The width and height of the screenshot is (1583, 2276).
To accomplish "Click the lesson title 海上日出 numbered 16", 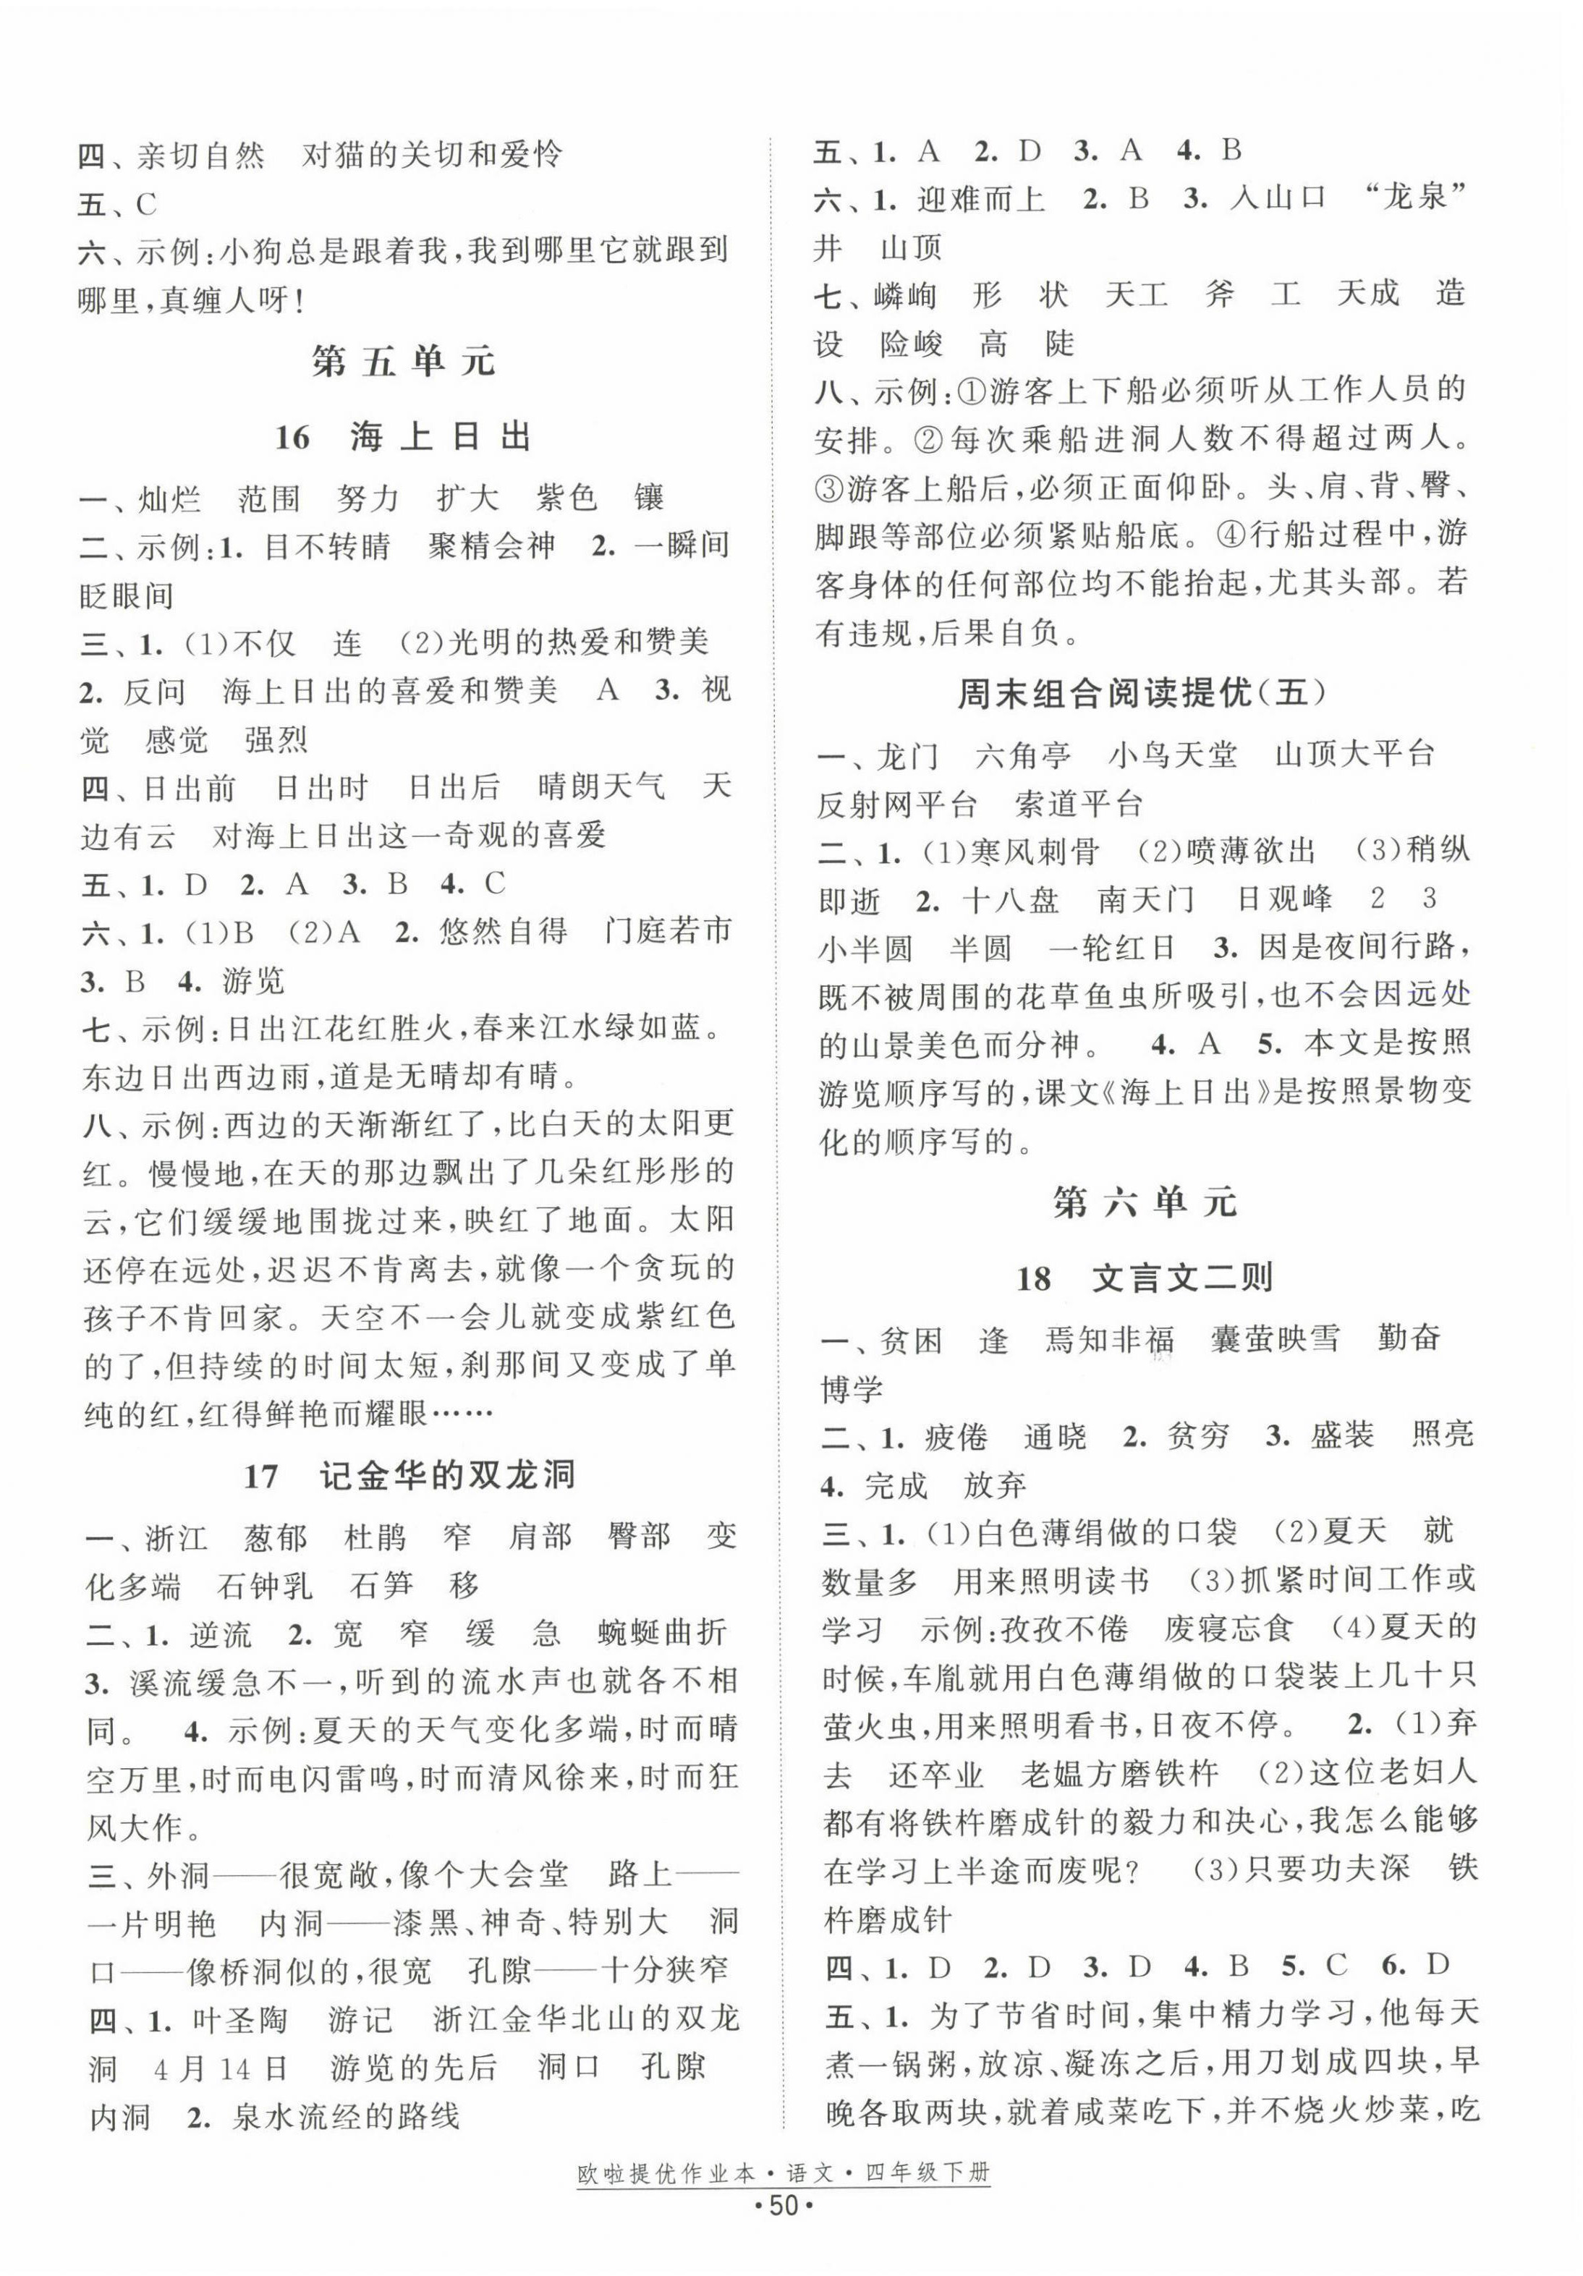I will click(441, 436).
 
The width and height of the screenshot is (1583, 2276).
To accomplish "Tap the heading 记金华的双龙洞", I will click(447, 1476).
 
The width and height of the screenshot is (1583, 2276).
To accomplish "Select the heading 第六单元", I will click(1144, 1203).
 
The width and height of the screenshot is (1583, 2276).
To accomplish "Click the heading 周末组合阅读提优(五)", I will click(1142, 694).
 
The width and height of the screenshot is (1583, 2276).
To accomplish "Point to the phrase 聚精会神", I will click(492, 546).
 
